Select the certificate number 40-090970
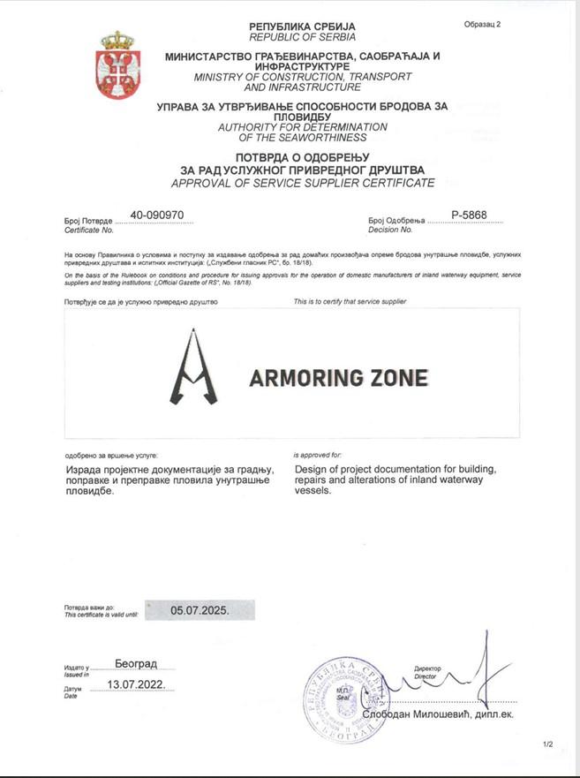(156, 215)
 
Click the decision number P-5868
(469, 215)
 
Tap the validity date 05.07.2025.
(200, 610)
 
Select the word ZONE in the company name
(396, 378)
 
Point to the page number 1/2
(548, 744)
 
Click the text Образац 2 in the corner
(482, 24)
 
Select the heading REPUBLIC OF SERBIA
(302, 37)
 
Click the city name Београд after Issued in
(136, 662)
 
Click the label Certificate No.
(89, 230)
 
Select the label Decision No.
(389, 230)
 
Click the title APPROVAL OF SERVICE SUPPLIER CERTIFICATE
(302, 183)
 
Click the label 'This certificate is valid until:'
(102, 615)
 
